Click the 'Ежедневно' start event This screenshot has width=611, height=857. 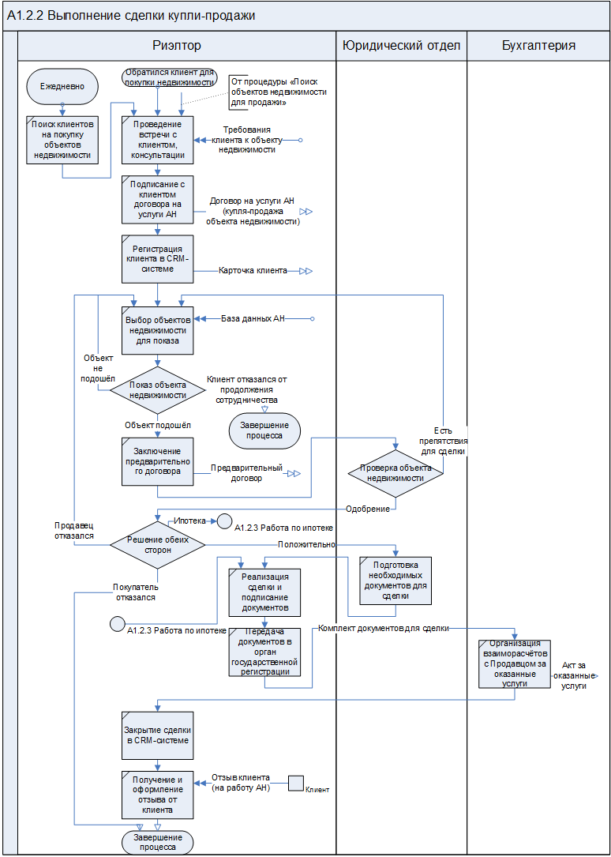(62, 85)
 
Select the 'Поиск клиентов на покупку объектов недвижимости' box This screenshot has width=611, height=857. (62, 139)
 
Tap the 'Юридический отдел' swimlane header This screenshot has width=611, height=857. (401, 46)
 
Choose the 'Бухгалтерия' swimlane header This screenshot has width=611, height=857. (538, 46)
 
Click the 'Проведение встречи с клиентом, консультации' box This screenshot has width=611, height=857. (158, 140)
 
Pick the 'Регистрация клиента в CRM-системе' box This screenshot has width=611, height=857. (158, 257)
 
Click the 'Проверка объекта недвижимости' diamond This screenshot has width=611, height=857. (396, 472)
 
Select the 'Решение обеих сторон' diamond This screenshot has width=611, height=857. (158, 544)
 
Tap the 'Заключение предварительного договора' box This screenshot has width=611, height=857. (158, 461)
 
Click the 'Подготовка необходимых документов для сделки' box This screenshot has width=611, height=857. (395, 581)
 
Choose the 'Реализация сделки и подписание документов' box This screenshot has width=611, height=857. (265, 592)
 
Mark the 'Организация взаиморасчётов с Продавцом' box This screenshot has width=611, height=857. (515, 663)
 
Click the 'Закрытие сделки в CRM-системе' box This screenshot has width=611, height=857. (158, 735)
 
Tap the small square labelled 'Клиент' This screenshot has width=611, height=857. (296, 783)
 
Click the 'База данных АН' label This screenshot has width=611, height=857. (253, 318)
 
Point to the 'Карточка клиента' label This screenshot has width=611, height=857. (253, 271)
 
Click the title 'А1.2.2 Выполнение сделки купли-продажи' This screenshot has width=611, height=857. (131, 16)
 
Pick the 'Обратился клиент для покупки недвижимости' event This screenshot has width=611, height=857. (169, 77)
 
